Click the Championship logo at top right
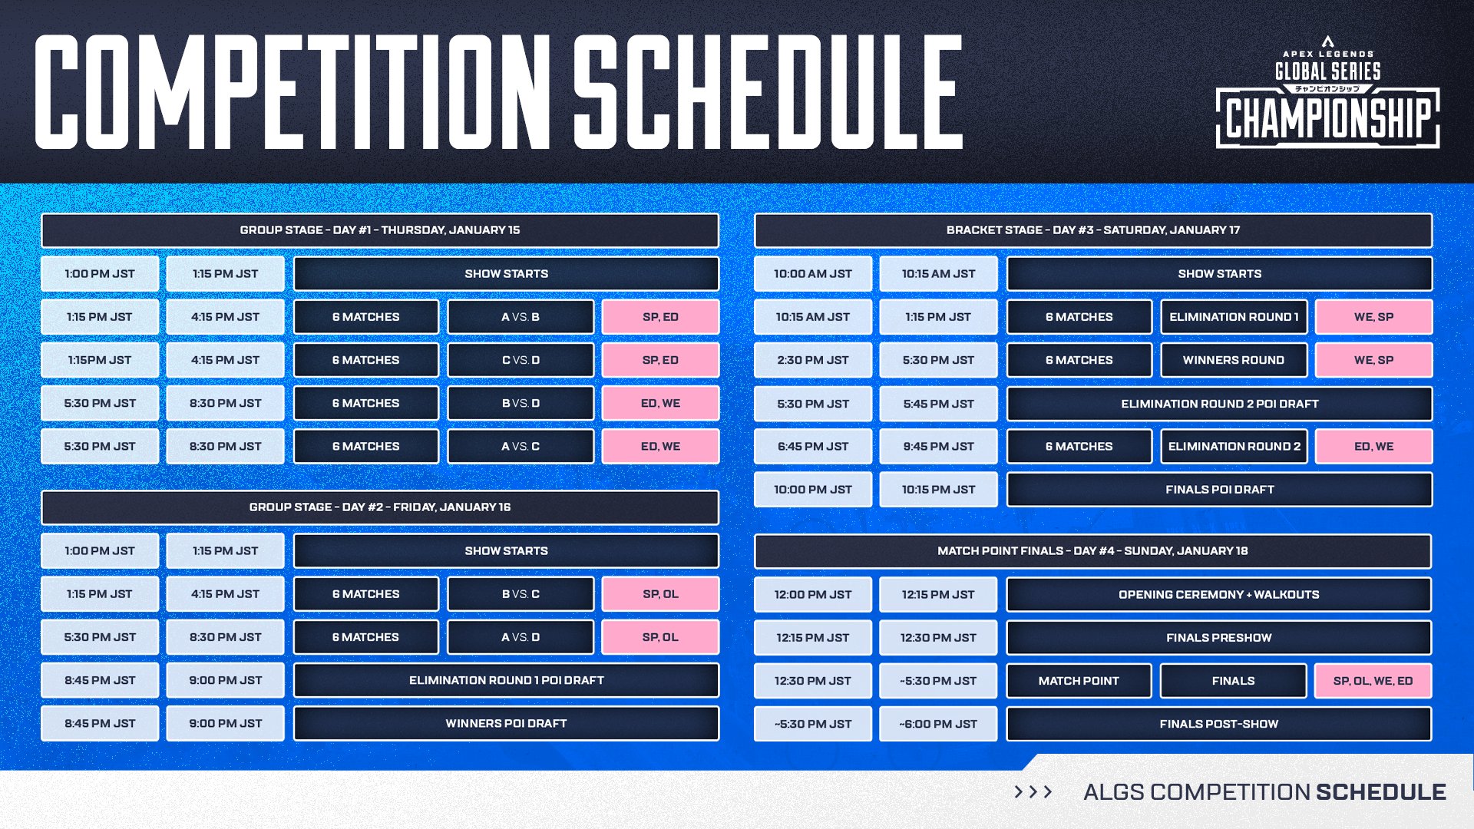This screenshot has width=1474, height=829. click(1327, 95)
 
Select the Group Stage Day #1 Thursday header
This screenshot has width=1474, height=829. click(380, 230)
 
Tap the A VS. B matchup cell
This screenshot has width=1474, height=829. click(521, 317)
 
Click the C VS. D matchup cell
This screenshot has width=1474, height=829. click(521, 360)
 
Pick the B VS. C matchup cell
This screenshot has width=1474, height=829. click(521, 594)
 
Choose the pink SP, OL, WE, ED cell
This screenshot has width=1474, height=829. click(1373, 681)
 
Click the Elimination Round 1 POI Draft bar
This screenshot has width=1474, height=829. click(506, 680)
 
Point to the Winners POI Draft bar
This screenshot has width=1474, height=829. click(506, 723)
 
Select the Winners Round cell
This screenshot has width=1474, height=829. click(1233, 360)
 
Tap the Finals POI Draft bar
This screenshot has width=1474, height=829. click(1219, 490)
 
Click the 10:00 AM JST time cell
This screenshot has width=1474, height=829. click(812, 274)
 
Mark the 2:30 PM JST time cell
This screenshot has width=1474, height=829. click(812, 360)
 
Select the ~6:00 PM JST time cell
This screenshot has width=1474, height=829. click(938, 724)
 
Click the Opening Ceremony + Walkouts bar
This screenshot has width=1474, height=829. click(1219, 595)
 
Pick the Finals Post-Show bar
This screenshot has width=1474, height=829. click(1219, 724)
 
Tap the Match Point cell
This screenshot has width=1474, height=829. click(1079, 681)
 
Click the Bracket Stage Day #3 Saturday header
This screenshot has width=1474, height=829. click(1092, 230)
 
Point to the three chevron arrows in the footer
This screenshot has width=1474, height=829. click(1033, 791)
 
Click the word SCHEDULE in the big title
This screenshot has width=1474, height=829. click(768, 92)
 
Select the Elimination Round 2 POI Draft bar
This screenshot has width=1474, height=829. click(1219, 404)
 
